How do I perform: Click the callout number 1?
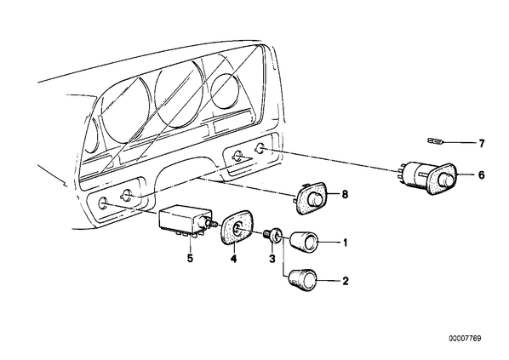click(x=345, y=243)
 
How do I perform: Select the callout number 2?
click(x=346, y=281)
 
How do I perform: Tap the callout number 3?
click(x=272, y=259)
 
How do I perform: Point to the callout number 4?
click(x=234, y=259)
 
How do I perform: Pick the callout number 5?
click(x=190, y=259)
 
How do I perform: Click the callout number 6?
click(x=482, y=175)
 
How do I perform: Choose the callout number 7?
click(x=482, y=143)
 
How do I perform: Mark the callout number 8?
click(x=345, y=194)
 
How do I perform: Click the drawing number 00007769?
click(x=466, y=339)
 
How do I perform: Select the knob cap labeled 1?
click(x=303, y=242)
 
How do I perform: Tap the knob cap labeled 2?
click(x=302, y=280)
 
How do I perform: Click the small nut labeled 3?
click(x=274, y=235)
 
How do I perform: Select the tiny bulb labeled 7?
click(x=434, y=141)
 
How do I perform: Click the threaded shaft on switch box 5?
click(x=214, y=224)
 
